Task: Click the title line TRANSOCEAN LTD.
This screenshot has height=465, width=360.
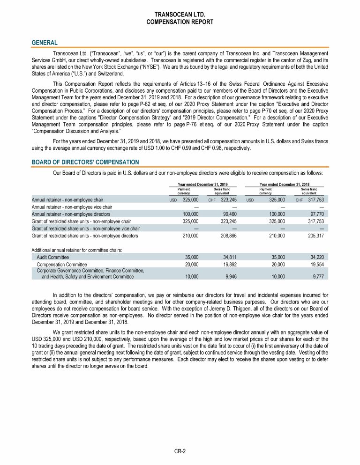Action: [180, 15]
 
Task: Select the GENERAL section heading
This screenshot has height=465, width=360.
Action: [45, 43]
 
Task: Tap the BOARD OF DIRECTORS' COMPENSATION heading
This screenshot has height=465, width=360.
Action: [85, 162]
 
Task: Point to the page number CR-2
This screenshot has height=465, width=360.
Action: [180, 451]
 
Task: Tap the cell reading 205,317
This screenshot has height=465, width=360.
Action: [314, 236]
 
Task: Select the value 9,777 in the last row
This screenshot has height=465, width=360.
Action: [317, 277]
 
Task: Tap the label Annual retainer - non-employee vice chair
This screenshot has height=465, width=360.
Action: [71, 207]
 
